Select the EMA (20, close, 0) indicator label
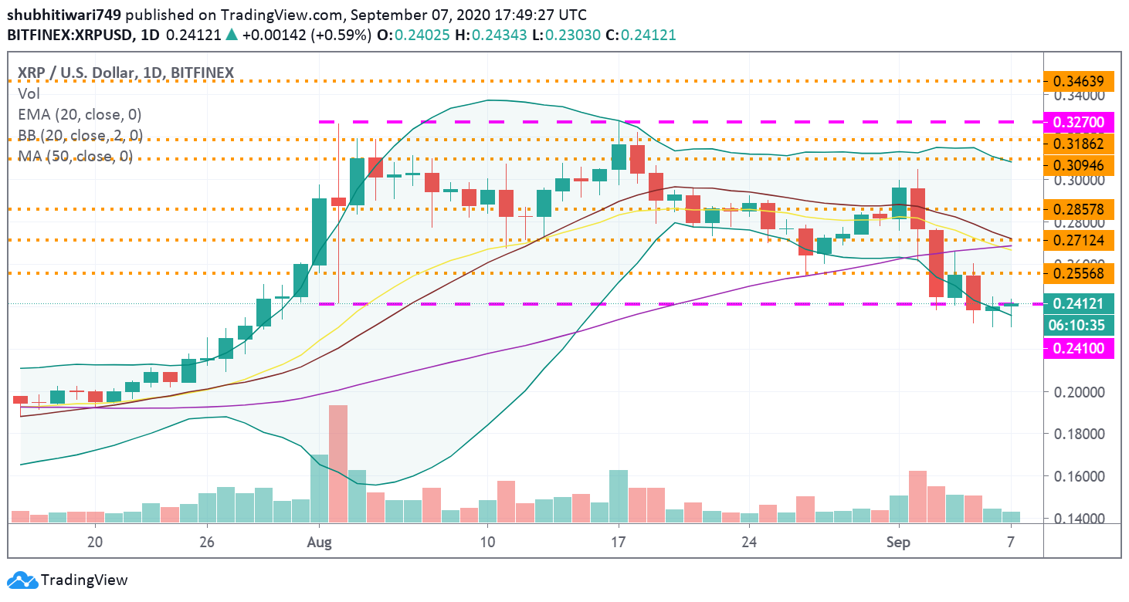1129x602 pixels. point(80,115)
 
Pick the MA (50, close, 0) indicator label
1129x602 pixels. point(75,157)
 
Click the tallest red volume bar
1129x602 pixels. point(338,464)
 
